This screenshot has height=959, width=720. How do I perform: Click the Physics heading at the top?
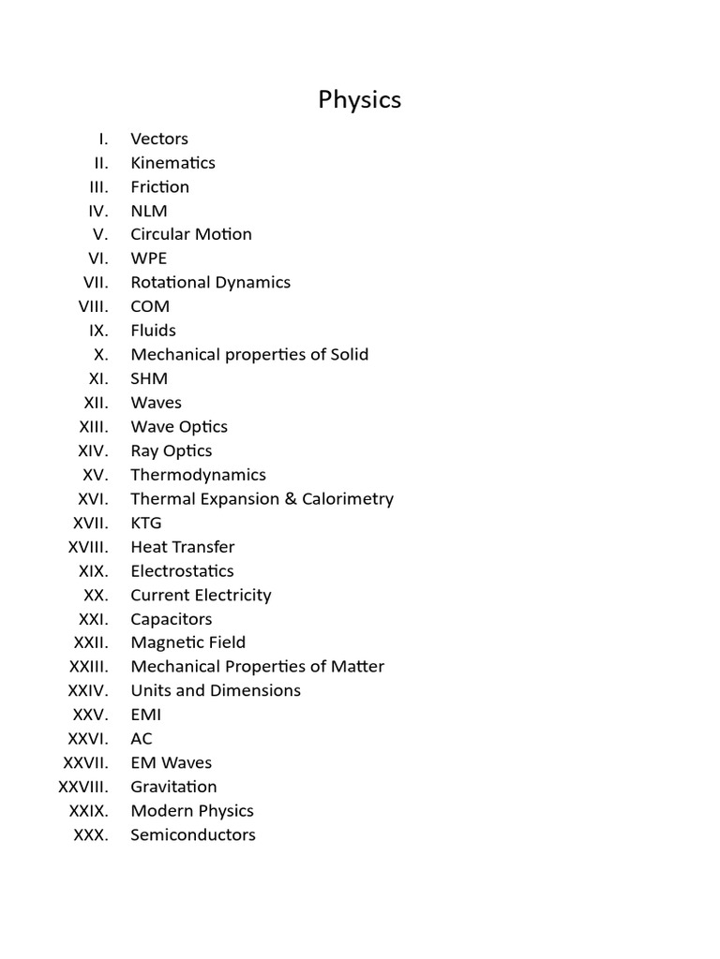359,100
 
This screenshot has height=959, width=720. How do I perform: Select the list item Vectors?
159,139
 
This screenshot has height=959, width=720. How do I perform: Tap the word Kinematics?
172,162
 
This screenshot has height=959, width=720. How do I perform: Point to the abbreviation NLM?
149,211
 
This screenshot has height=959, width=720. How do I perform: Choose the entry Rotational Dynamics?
210,282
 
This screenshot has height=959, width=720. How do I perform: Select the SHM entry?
149,378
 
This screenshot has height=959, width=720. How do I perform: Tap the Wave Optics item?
179,426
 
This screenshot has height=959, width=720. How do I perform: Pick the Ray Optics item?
172,450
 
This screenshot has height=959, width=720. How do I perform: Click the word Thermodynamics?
198,475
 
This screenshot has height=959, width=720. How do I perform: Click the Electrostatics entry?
182,570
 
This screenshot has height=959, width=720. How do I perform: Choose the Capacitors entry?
172,619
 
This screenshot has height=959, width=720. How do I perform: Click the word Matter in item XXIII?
357,667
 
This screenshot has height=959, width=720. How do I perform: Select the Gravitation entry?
173,787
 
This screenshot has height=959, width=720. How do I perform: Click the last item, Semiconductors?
193,834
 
